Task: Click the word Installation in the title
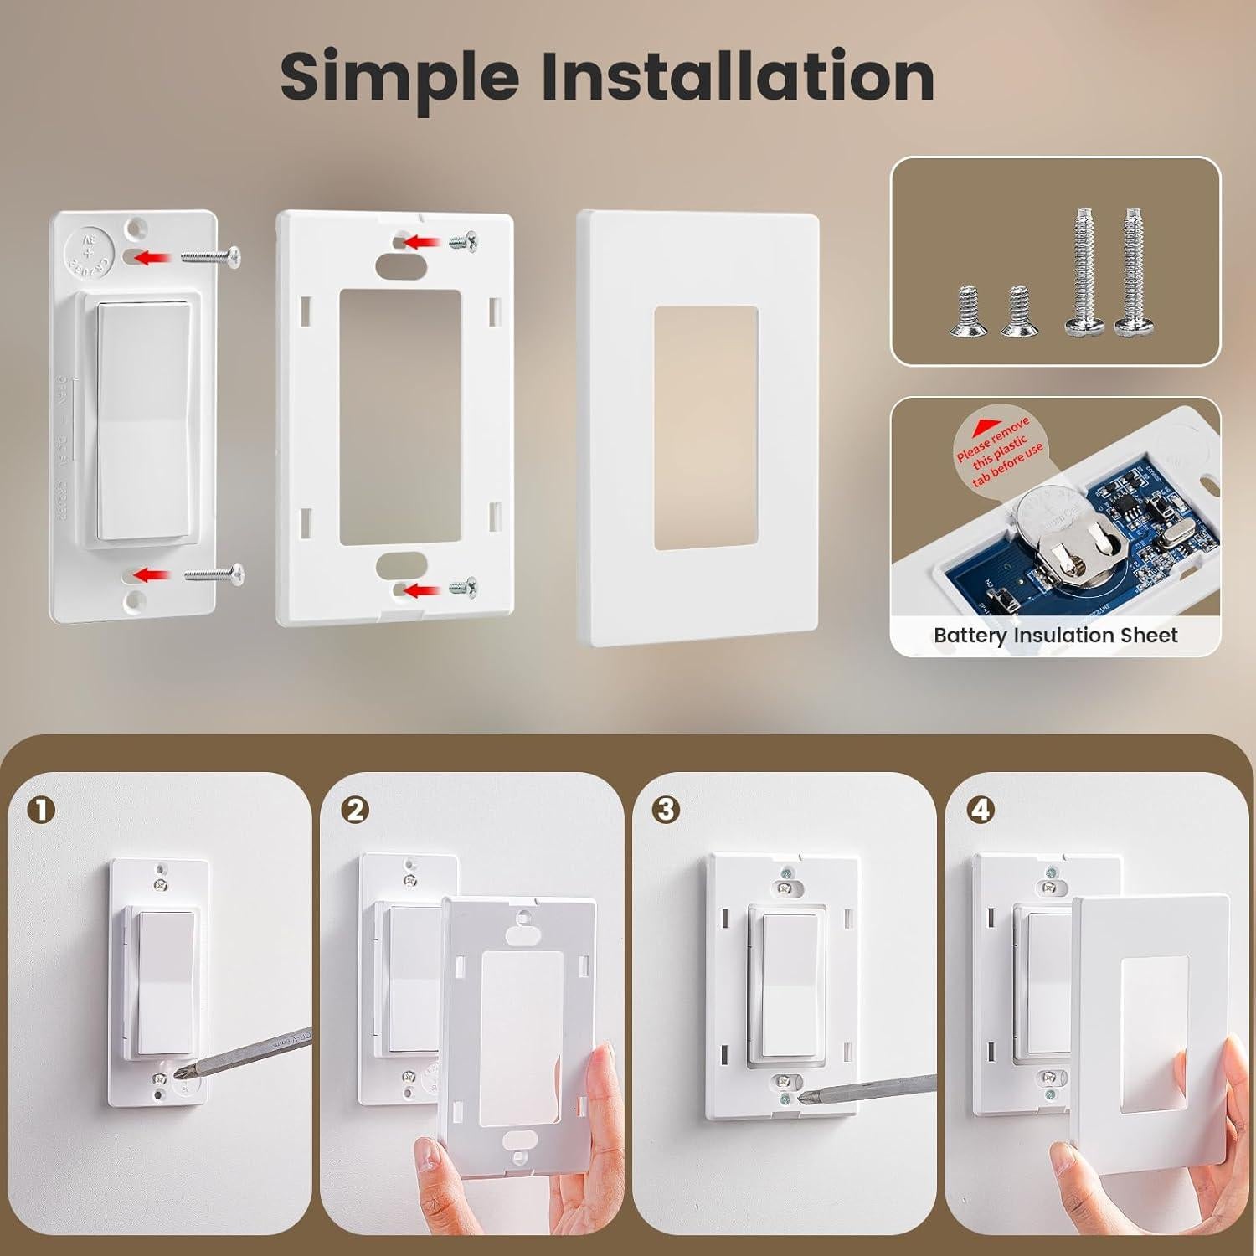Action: tap(737, 77)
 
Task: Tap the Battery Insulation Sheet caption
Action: tap(1055, 636)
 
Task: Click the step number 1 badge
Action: tap(40, 810)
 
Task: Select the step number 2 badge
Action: tap(355, 810)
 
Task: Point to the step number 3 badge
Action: tap(667, 810)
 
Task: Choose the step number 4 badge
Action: tap(980, 810)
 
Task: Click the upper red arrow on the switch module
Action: tap(151, 257)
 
